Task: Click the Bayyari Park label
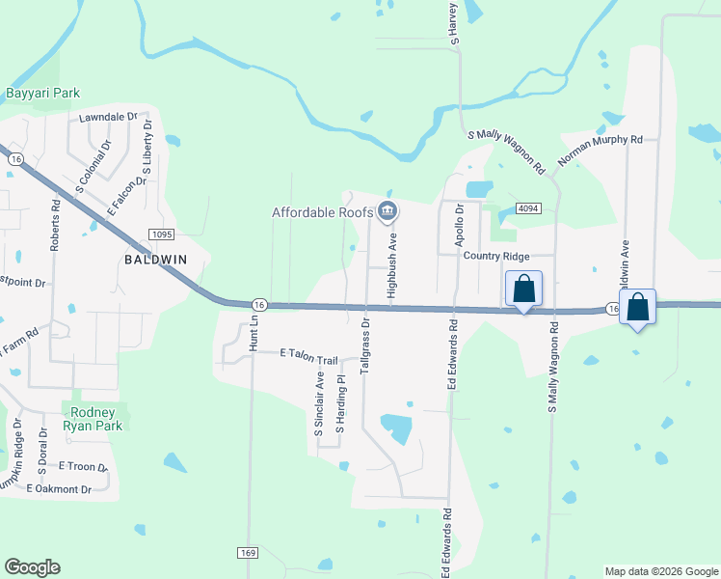click(42, 94)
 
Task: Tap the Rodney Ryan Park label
click(93, 418)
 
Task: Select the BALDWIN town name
click(154, 260)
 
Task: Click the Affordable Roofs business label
click(322, 212)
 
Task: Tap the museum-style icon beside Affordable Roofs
click(387, 210)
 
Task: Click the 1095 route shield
click(161, 234)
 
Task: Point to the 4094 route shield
click(527, 207)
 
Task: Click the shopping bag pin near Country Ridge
click(523, 288)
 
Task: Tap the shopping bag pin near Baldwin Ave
click(637, 307)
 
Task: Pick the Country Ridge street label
click(495, 256)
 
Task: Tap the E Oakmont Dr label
click(59, 489)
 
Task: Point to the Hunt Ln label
click(254, 332)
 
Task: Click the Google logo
click(32, 567)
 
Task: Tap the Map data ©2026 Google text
click(660, 571)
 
